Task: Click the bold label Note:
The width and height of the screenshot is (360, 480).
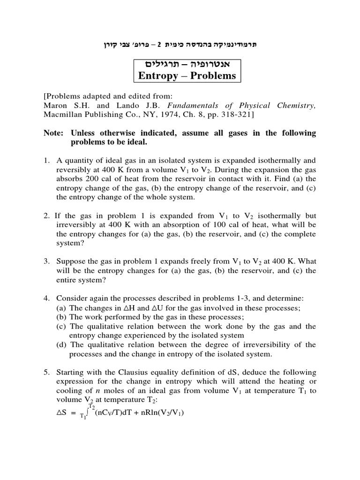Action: (x=53, y=134)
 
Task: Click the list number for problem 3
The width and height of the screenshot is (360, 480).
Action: (x=47, y=262)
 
